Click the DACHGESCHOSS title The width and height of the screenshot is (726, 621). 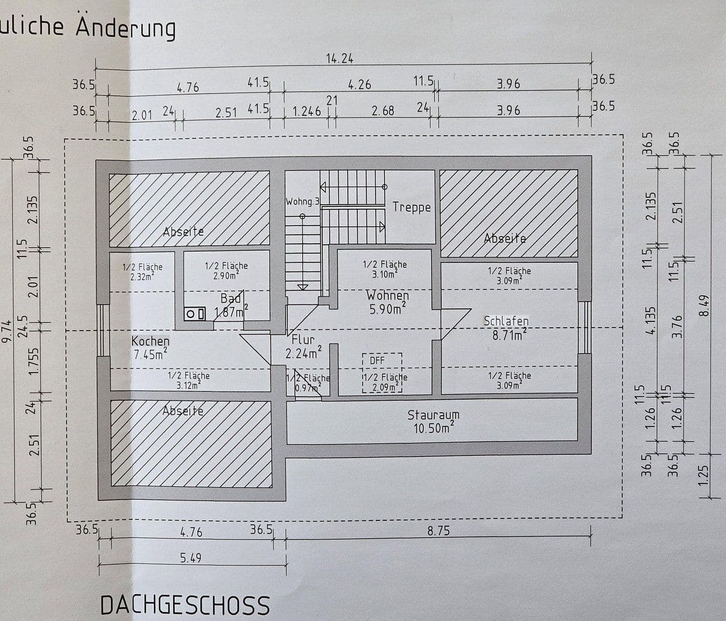[184, 605]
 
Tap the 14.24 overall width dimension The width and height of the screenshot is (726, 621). [339, 58]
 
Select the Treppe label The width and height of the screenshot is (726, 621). [411, 207]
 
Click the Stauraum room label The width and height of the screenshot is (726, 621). [433, 415]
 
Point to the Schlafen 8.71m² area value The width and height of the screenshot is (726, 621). [507, 335]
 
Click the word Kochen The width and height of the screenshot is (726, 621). [150, 340]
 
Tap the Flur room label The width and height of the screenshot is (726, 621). [303, 339]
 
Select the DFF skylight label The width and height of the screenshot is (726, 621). [377, 361]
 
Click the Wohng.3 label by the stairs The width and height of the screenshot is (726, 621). [302, 201]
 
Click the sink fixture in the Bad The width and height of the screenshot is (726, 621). [195, 314]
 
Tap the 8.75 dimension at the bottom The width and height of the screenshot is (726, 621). [438, 531]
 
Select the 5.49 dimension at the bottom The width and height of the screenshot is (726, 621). [191, 558]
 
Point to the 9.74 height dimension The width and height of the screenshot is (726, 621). [7, 332]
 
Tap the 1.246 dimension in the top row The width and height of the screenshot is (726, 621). [307, 111]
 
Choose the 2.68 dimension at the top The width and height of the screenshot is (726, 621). [383, 111]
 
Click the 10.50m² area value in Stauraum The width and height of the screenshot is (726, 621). [433, 428]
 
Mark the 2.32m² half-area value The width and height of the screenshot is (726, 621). [142, 277]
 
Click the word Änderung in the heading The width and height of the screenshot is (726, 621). [126, 28]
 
